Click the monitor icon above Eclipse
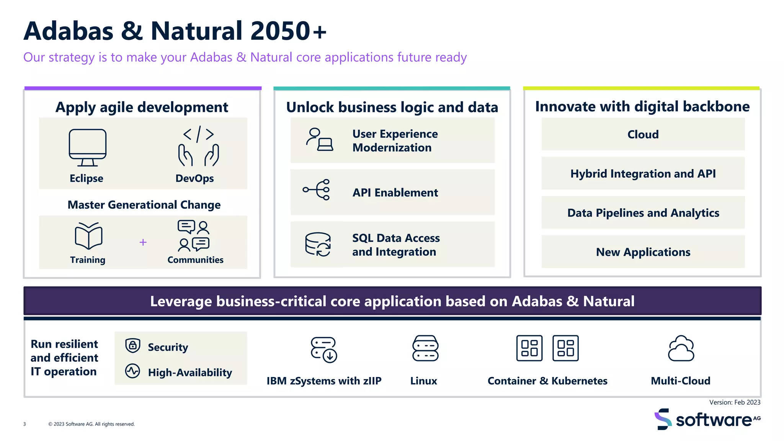(x=88, y=147)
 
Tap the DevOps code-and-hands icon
(x=198, y=146)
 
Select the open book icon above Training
(x=88, y=235)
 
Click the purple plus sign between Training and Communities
(x=143, y=242)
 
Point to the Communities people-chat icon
(x=194, y=235)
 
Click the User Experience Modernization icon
(x=319, y=140)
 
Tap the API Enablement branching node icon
(x=317, y=189)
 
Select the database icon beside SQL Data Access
(x=318, y=244)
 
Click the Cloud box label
(x=643, y=134)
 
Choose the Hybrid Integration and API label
(x=643, y=174)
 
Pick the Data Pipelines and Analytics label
(x=643, y=213)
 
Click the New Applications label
(x=643, y=252)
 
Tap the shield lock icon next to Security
(x=133, y=346)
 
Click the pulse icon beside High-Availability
(x=133, y=371)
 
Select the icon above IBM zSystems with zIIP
(x=324, y=350)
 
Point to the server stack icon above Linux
(x=425, y=348)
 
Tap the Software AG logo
(x=707, y=419)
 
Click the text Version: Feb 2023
(x=735, y=402)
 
